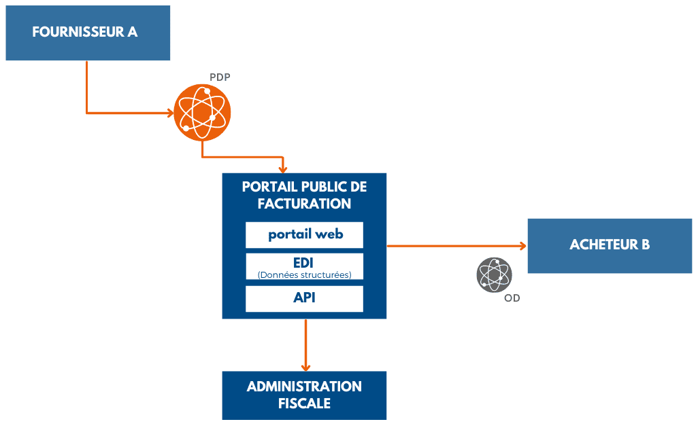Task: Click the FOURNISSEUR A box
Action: point(88,33)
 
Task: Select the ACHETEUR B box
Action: point(610,245)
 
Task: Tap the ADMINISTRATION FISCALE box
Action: point(304,395)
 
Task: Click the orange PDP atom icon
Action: point(202,112)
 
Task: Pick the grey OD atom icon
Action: point(494,275)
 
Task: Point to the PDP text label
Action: point(220,77)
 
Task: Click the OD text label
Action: point(512,298)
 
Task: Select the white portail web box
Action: point(304,235)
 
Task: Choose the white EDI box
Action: point(304,266)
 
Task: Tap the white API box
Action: point(304,298)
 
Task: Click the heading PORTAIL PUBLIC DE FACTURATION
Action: point(304,195)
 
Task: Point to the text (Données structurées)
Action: point(304,274)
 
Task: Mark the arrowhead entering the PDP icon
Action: point(169,112)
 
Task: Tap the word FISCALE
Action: point(304,403)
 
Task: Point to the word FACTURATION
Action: point(304,203)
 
